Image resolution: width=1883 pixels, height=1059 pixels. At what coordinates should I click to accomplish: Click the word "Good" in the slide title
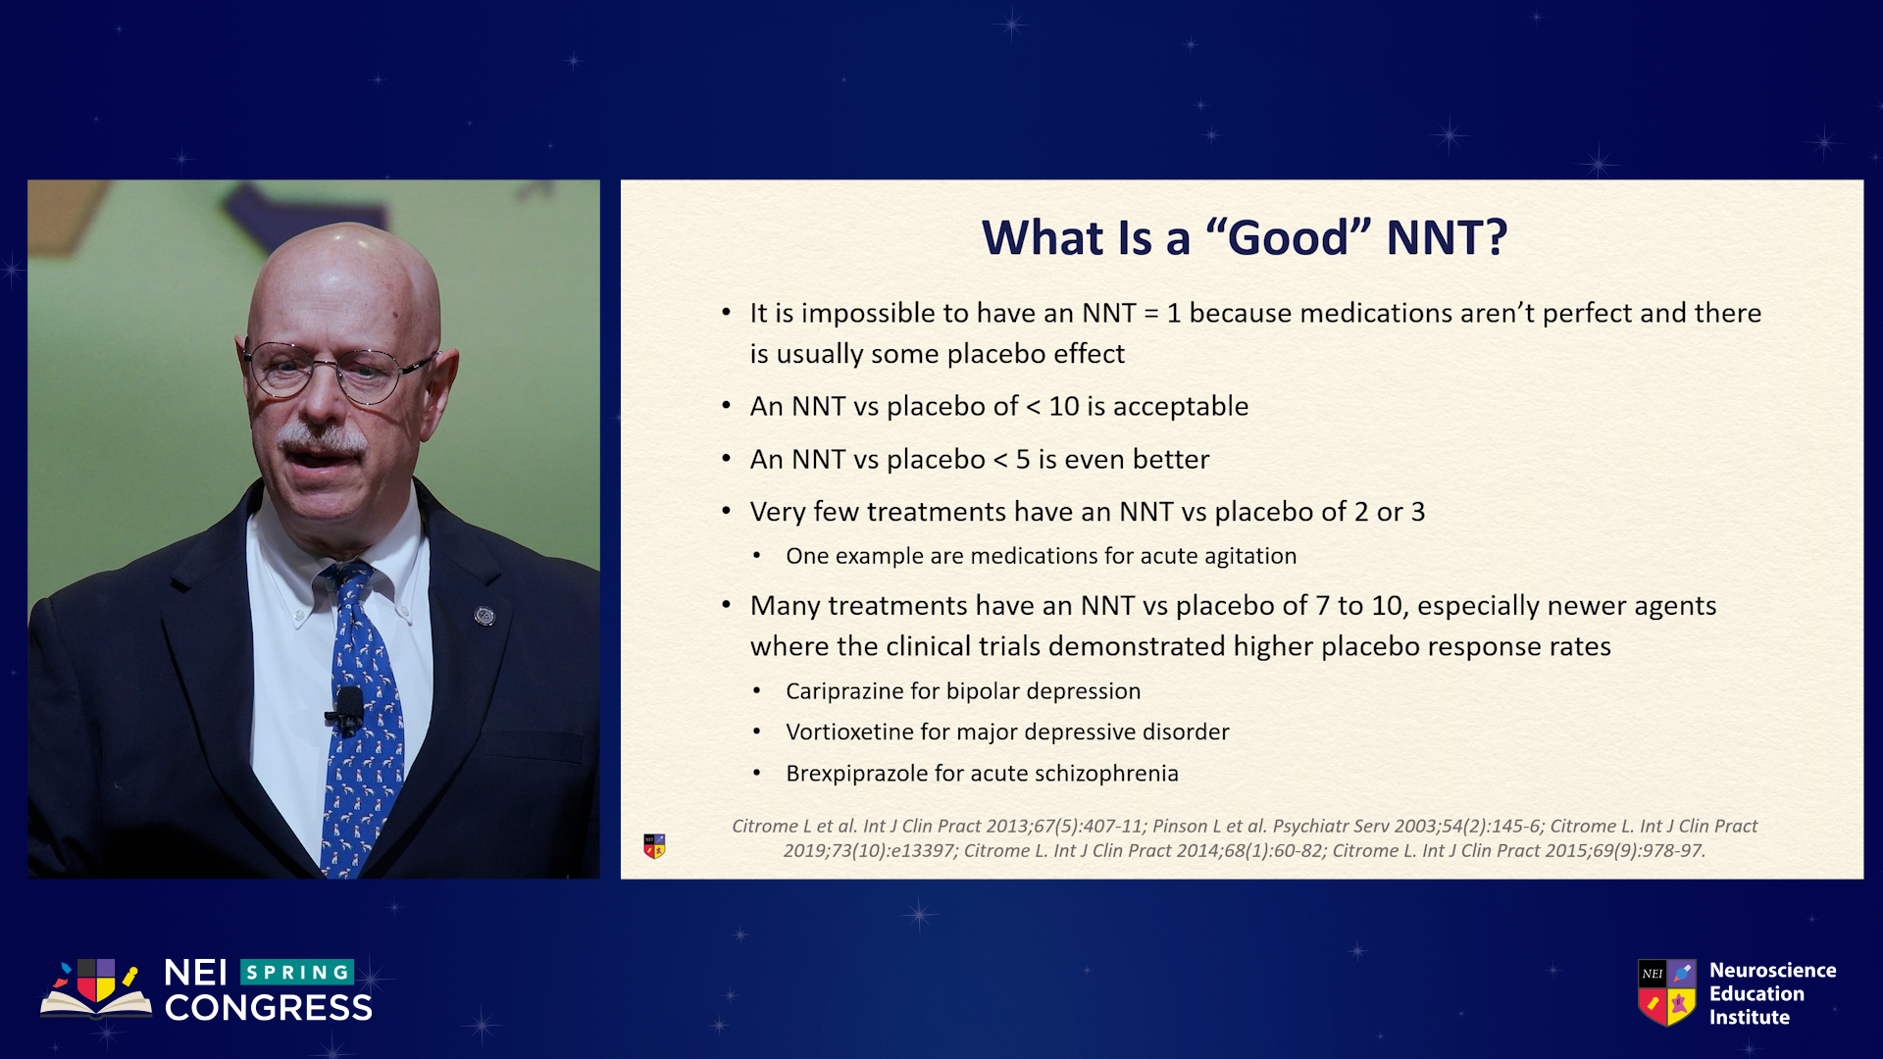1288,237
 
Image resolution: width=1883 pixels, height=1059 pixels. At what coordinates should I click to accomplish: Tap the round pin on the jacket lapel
484,616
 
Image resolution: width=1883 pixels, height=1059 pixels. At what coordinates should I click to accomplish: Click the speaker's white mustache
321,437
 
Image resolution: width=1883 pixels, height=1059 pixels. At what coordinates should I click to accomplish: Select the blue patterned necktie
360,716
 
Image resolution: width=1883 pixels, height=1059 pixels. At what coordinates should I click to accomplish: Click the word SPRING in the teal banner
297,973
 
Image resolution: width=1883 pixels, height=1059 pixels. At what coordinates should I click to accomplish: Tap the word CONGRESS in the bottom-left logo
269,1008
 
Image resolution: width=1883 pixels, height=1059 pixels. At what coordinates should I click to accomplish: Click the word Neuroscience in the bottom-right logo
1772,971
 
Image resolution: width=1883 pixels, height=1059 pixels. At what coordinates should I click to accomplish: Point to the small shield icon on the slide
654,846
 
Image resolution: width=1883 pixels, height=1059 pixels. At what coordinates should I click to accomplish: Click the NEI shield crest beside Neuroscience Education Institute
1666,992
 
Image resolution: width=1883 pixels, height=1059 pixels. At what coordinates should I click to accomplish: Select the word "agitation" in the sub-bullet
1249,556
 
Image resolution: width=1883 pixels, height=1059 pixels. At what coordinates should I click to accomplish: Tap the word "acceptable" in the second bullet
1180,407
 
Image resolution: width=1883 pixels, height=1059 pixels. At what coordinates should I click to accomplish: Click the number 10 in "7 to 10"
1387,606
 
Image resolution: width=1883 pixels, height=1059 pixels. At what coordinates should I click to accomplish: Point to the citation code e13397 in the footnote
919,851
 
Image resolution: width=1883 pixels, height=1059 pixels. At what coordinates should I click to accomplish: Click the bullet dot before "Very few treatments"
727,511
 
